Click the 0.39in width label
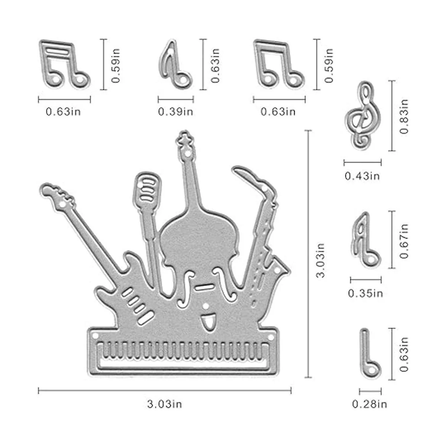pos(175,112)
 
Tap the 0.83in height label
pos(404,116)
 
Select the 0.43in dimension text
pos(362,176)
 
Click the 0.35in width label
pos(365,294)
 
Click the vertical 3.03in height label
pos(320,260)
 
